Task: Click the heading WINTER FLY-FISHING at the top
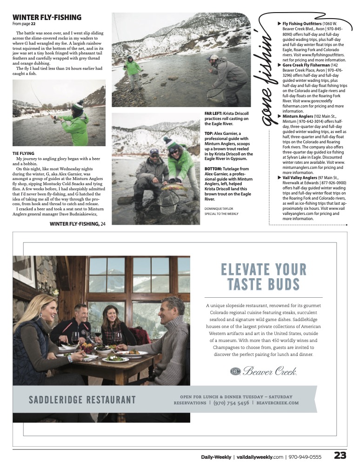[x=47, y=17]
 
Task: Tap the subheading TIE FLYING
[x=24, y=153]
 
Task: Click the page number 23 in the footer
[x=340, y=456]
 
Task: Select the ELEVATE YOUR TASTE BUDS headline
[x=264, y=276]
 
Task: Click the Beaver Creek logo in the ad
[x=264, y=371]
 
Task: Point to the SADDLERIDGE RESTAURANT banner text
[x=82, y=400]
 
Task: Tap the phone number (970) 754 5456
[x=231, y=403]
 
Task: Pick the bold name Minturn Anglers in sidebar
[x=299, y=116]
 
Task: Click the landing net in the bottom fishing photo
[x=168, y=201]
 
